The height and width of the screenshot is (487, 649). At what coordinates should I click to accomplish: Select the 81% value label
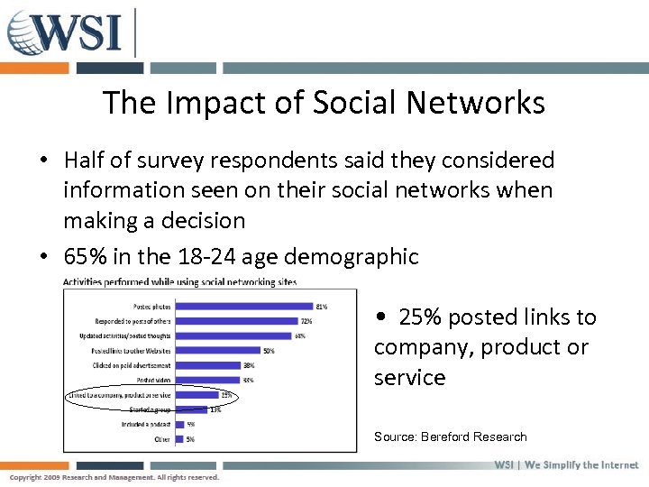click(322, 306)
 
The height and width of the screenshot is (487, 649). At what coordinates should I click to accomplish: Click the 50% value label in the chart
click(269, 350)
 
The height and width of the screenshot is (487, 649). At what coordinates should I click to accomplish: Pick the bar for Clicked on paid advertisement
click(207, 365)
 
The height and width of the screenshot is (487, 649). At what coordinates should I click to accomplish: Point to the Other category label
click(163, 439)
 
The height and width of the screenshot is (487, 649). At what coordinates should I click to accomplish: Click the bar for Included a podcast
click(178, 424)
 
